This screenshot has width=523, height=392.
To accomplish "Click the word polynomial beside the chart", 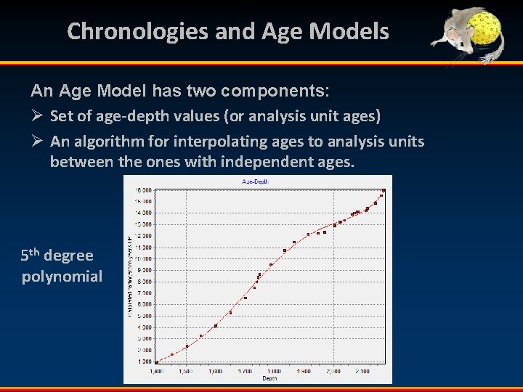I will point(62,277).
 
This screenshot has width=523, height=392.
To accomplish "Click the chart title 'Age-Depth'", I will point(256,181).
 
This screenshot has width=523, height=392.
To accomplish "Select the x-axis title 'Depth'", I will point(269,377).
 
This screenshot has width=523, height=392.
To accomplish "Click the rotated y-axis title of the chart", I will point(129,276).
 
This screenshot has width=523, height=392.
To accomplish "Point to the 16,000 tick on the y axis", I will point(142,190).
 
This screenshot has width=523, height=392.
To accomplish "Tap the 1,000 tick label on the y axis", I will point(144,362).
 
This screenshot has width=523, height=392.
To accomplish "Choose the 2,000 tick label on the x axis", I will point(333,371).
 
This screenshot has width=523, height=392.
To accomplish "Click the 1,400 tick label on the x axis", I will point(157,371).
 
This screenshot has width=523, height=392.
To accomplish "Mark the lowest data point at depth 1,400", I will point(157,362).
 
